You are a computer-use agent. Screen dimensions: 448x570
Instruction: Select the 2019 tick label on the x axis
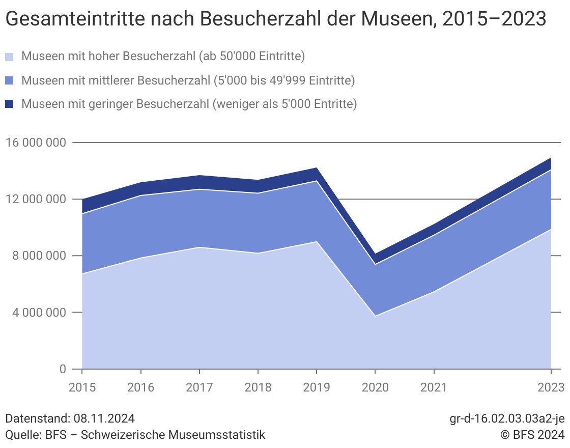(317, 387)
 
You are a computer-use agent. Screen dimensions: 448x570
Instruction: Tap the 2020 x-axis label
(375, 387)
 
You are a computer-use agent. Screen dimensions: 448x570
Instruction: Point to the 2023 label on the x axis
(551, 387)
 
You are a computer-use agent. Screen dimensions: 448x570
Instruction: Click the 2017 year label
(199, 387)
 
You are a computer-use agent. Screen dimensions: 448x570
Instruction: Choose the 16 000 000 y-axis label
(35, 143)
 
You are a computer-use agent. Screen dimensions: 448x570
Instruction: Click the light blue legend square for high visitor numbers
(10, 57)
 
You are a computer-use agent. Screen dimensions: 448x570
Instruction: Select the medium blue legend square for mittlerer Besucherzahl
(10, 80)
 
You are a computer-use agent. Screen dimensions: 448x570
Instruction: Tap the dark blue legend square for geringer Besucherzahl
(10, 104)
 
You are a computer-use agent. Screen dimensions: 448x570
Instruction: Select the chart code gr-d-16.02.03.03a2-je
(507, 419)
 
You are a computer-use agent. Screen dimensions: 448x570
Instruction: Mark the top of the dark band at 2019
(317, 168)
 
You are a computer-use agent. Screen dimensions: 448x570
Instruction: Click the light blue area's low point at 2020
(375, 316)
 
